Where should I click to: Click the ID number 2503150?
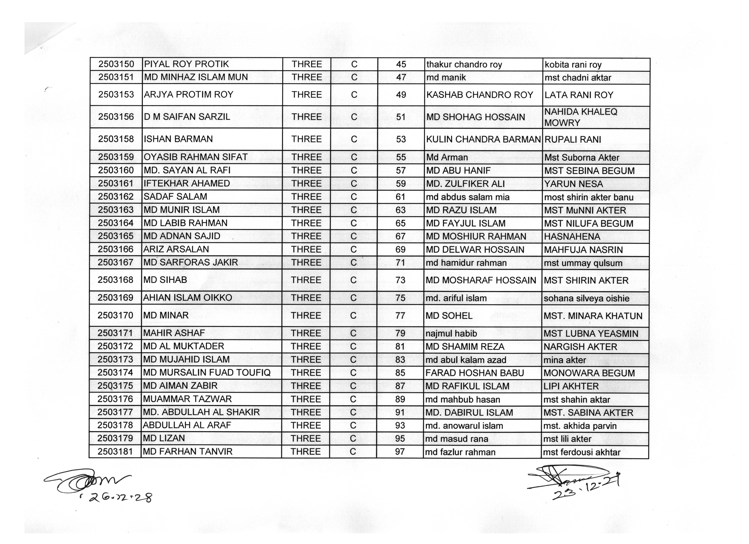coord(116,64)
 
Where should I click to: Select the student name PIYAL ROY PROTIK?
coord(187,64)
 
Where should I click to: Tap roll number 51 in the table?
coord(401,117)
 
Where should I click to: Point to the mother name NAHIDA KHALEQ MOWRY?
coord(581,117)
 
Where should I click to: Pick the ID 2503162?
coord(116,197)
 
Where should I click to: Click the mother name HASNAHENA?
coord(572,236)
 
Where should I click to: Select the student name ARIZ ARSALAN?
coord(176,249)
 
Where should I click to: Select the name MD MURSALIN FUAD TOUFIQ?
coord(207,373)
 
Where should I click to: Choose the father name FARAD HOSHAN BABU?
coord(475,373)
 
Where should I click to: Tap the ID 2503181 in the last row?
coord(115,452)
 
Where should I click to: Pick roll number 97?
coord(400,452)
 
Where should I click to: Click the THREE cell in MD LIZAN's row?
coord(306,439)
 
